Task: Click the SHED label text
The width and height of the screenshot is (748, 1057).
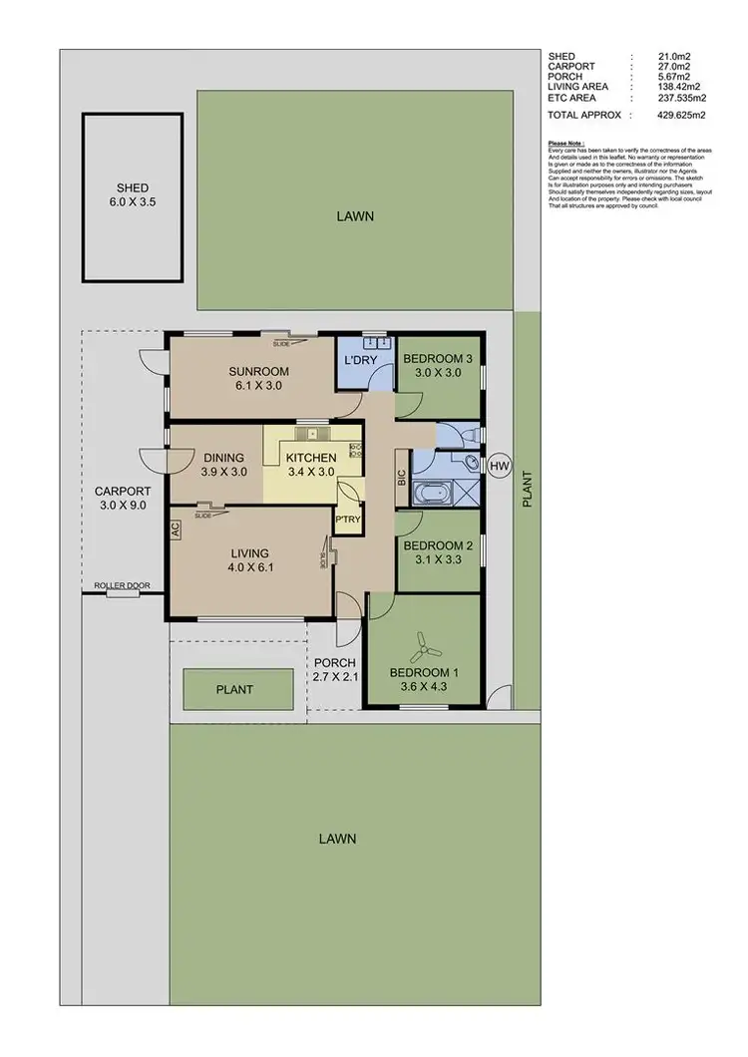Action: click(132, 187)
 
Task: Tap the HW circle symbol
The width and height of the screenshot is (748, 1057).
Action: click(499, 465)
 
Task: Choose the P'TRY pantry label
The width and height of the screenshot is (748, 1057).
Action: click(347, 520)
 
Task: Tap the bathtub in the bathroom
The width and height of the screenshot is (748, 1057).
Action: click(433, 494)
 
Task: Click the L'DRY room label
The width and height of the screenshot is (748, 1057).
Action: click(358, 359)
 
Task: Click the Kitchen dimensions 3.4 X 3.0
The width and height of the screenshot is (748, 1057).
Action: click(310, 472)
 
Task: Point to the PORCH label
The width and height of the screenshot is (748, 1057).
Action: click(335, 663)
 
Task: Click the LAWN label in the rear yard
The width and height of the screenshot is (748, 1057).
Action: click(355, 215)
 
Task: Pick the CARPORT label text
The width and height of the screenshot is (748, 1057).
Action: click(122, 491)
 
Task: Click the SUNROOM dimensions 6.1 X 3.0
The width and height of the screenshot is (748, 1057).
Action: click(251, 384)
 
